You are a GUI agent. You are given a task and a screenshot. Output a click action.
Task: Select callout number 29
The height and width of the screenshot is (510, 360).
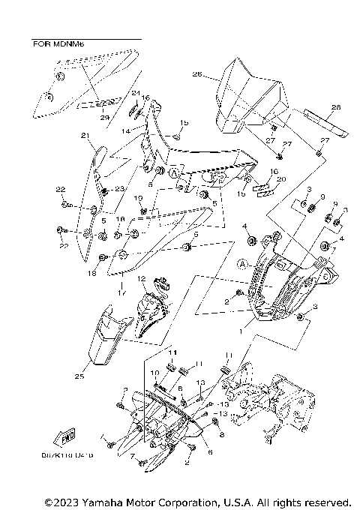(x=104, y=117)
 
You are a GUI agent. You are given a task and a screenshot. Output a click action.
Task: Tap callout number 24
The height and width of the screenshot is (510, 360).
(x=136, y=94)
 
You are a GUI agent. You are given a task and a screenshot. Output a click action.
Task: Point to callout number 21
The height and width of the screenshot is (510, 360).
(x=85, y=136)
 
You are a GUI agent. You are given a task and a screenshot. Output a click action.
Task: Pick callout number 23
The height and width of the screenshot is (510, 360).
(x=120, y=191)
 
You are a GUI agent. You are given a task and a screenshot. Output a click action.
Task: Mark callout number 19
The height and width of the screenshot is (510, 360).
(x=138, y=197)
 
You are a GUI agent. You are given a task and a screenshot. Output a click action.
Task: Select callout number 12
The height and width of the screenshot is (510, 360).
(x=140, y=279)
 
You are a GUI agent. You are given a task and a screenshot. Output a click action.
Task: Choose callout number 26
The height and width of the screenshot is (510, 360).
(x=196, y=74)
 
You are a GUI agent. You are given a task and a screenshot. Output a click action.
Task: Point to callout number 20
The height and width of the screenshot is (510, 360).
(x=259, y=180)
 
